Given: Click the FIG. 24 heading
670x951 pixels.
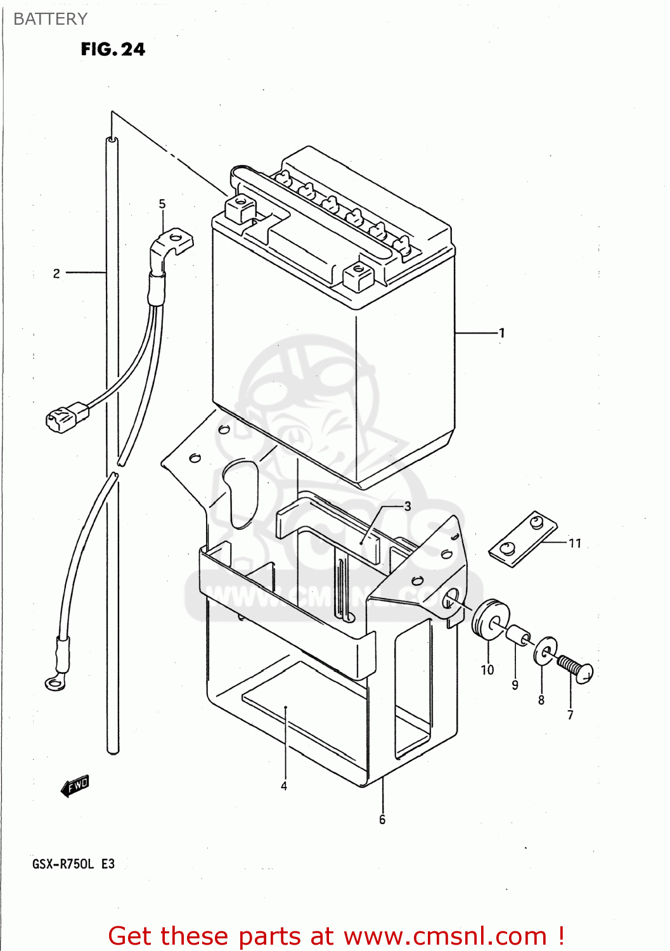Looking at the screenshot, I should [x=113, y=49].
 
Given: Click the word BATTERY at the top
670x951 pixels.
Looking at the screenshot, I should [x=50, y=19].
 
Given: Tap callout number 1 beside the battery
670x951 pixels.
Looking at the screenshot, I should [x=502, y=333].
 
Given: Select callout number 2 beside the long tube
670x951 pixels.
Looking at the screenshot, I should [x=56, y=273].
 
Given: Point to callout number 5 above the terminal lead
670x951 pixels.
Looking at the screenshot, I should [x=162, y=204].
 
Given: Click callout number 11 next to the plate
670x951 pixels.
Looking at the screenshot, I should [x=575, y=543].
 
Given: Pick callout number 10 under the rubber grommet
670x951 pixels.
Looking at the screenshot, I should [x=487, y=670].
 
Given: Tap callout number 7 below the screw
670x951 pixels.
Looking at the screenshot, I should [x=570, y=715].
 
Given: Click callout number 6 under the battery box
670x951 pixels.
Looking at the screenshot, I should [x=382, y=820].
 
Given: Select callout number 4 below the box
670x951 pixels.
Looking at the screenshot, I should [x=284, y=786].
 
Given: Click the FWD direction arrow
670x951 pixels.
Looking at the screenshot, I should [x=75, y=786].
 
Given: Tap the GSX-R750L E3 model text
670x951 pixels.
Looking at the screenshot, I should [x=74, y=864].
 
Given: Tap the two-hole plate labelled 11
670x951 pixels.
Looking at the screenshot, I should [x=523, y=539].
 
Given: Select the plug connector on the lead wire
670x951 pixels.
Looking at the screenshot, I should [x=67, y=417].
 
